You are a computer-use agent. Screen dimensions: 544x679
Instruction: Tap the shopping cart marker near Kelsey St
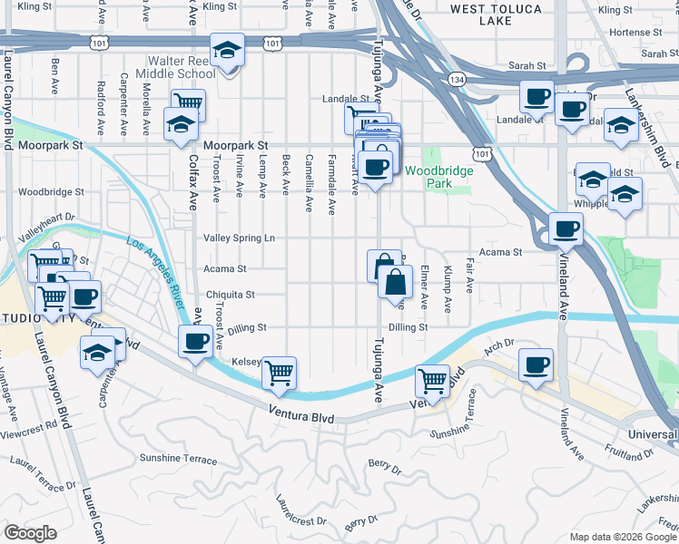click(x=279, y=372)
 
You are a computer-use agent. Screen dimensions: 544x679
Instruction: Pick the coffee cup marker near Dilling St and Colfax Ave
click(x=195, y=341)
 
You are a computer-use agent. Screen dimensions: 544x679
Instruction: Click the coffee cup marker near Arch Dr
click(x=536, y=365)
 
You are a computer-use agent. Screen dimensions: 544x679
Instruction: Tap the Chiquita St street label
click(x=230, y=295)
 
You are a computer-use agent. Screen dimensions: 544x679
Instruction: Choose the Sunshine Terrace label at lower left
click(x=178, y=458)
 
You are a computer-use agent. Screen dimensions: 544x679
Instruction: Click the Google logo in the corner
click(x=29, y=533)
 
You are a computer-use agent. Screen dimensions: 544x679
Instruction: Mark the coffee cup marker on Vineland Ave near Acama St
click(x=566, y=228)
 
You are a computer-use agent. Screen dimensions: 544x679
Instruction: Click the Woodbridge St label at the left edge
click(x=51, y=192)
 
